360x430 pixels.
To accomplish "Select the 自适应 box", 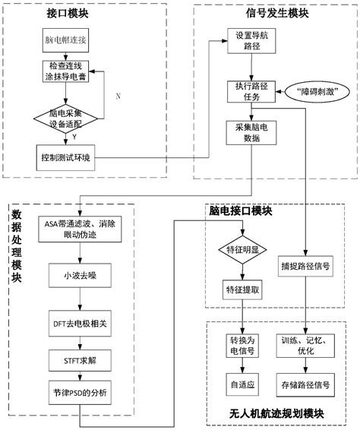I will (x=242, y=384).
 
